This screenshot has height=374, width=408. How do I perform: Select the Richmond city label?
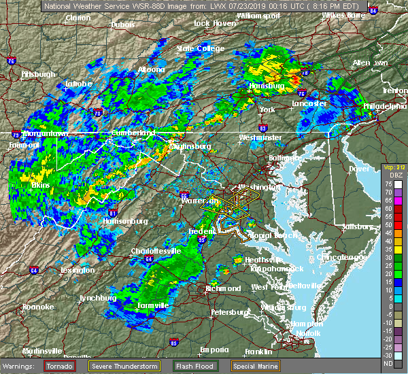223,288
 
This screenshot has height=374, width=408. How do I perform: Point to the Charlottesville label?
156,251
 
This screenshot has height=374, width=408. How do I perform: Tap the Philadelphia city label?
385,106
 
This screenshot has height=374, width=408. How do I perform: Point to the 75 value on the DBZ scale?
388,184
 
